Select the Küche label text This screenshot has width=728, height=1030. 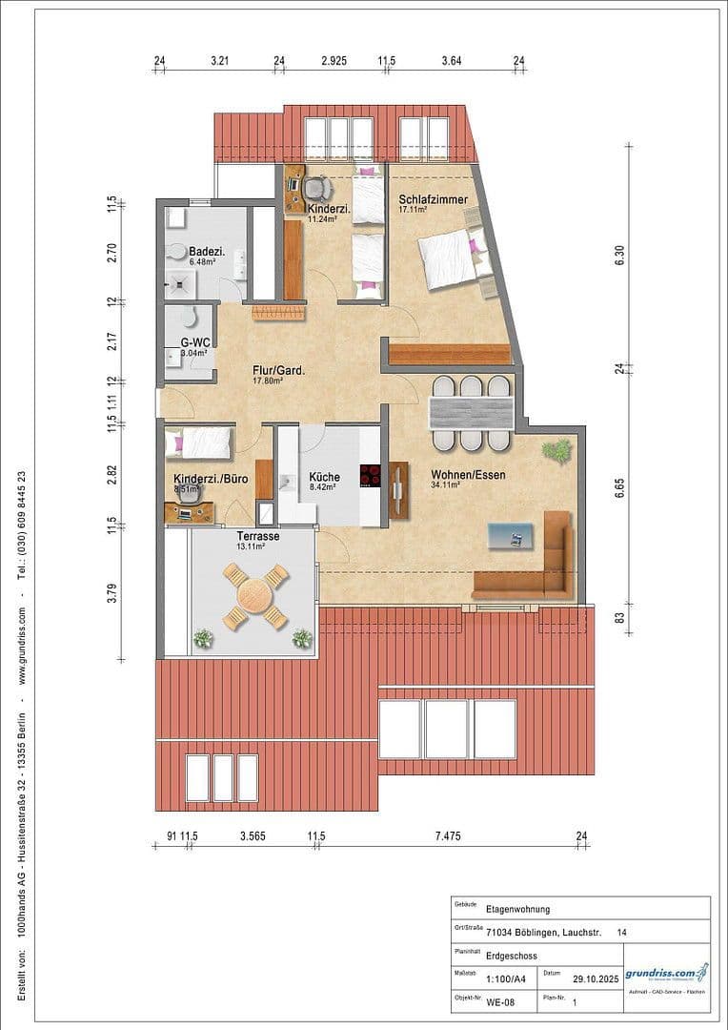(324, 477)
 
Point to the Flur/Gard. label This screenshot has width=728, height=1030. (278, 372)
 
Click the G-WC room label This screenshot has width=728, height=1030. (194, 341)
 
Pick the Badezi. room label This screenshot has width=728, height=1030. (207, 251)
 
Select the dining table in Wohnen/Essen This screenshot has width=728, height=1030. (473, 412)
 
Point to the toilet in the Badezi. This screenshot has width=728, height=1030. (175, 251)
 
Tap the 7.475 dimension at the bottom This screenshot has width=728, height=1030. (448, 836)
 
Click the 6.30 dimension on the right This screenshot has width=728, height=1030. (620, 255)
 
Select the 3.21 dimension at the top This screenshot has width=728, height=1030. (220, 60)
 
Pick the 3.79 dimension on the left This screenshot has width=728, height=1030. (111, 593)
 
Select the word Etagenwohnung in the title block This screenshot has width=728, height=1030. (517, 909)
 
